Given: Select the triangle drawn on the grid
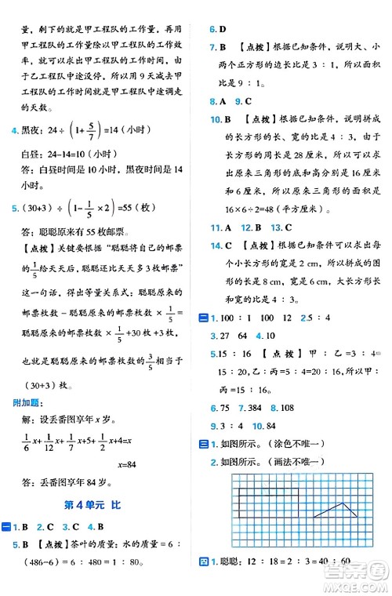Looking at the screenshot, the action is click(x=336, y=510).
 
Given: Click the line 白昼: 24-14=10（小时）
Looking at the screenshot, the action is click(x=71, y=154).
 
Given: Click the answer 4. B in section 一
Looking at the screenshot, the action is click(x=94, y=525).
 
